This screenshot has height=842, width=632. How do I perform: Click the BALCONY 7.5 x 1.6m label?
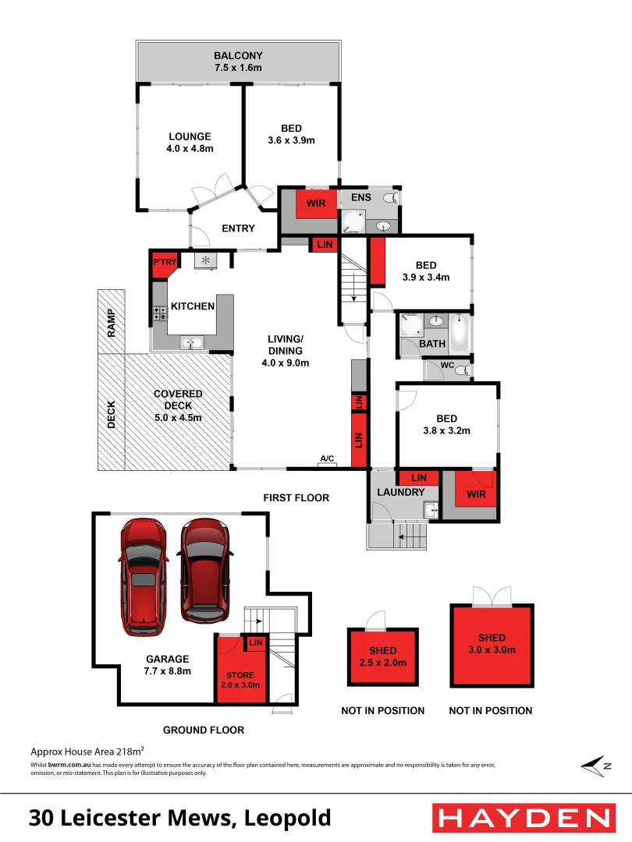(x=239, y=62)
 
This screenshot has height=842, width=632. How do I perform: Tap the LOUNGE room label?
(x=190, y=142)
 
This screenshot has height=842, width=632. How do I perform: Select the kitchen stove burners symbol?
(x=160, y=313)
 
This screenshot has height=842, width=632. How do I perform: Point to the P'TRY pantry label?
(x=164, y=263)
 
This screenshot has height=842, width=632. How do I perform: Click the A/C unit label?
(x=327, y=459)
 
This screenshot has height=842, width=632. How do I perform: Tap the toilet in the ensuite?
(x=393, y=198)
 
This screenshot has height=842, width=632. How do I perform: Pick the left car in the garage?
(x=143, y=576)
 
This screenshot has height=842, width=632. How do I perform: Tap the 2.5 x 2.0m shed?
(x=383, y=656)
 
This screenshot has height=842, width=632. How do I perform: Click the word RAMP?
(x=112, y=323)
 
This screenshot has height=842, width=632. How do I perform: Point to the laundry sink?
(x=428, y=510)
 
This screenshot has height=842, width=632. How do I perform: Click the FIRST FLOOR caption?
(x=296, y=497)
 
